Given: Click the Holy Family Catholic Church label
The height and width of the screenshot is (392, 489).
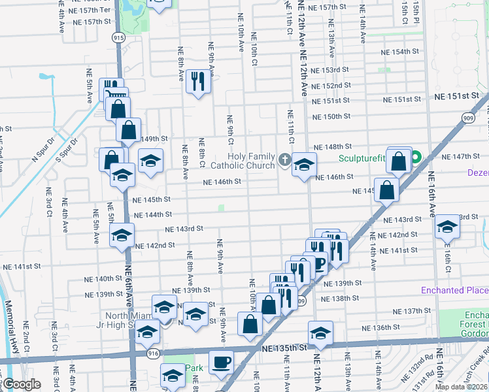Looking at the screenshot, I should click(251, 161).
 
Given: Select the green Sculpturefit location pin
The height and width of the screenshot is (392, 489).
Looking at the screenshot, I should click(415, 158).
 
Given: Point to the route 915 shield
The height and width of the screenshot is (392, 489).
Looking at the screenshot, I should click(118, 39).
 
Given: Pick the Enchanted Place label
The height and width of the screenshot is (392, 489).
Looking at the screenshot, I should click(454, 290).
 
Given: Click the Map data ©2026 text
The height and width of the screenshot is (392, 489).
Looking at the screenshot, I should click(461, 387).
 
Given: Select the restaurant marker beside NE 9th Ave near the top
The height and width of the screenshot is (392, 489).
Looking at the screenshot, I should click(198, 81).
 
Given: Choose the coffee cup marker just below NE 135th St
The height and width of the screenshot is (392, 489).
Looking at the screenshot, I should click(221, 361).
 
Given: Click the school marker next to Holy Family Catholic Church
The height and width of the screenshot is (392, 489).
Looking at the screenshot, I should click(304, 164).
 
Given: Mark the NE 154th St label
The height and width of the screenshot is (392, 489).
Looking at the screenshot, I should click(399, 52).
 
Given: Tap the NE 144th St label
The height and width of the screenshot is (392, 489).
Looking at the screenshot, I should click(152, 214).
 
